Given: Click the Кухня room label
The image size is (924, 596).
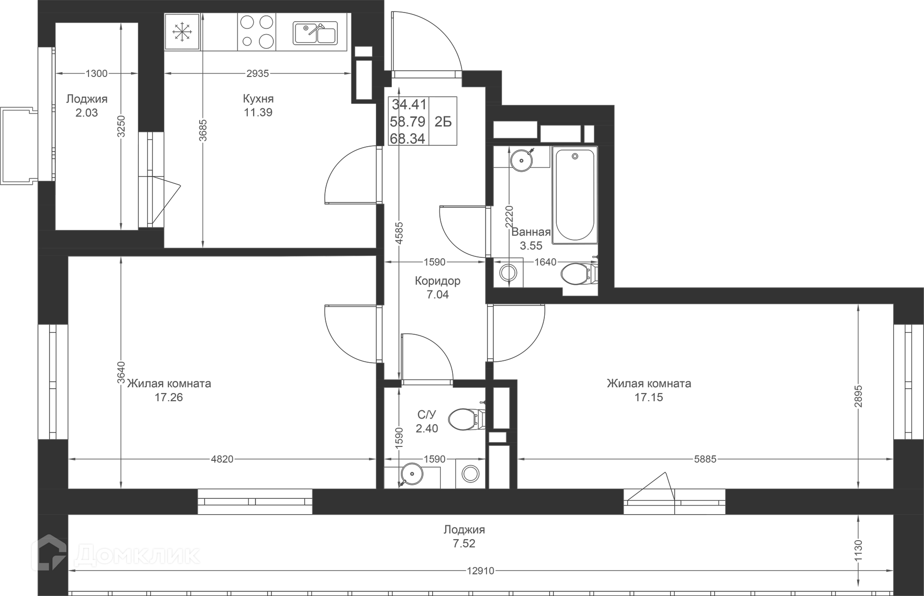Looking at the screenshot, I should click(x=258, y=99).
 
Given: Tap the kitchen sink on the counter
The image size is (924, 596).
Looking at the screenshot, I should click(x=315, y=33).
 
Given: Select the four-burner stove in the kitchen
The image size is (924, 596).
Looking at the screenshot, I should click(x=257, y=31).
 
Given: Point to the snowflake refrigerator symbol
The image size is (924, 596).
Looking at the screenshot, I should click(x=182, y=32).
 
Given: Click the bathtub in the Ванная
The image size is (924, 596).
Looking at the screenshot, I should click(x=575, y=195).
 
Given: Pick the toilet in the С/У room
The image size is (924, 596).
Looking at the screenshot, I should click(x=466, y=419).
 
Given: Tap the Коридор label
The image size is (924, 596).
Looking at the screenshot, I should click(x=437, y=281).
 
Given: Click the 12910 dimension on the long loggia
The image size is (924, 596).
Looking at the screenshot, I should click(x=480, y=571).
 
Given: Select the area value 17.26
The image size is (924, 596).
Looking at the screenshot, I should click(x=168, y=397).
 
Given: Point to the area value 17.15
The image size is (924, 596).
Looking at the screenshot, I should click(x=648, y=397).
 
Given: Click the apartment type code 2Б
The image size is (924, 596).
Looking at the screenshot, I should click(x=443, y=122).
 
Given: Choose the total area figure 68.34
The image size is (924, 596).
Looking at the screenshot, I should click(x=408, y=139).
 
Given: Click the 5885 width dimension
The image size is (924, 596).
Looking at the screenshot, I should click(x=705, y=459).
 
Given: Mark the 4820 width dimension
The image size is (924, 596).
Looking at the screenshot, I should click(x=222, y=459).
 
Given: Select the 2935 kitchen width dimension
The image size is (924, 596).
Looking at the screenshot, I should click(x=257, y=74).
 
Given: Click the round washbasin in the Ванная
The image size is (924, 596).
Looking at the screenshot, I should click(x=521, y=160).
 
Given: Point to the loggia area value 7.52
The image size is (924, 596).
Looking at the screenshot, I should click(x=463, y=544).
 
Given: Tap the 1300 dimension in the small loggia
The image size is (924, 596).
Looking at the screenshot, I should click(x=96, y=74).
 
